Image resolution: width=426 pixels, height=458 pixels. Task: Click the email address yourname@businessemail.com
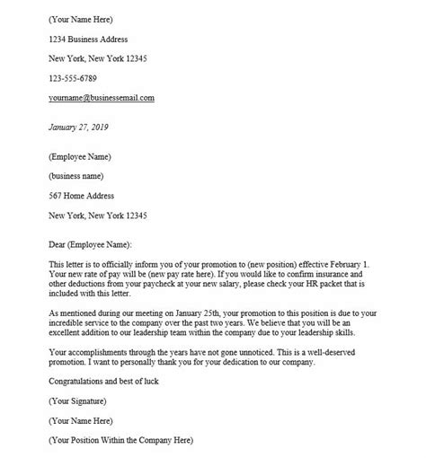pos(102,97)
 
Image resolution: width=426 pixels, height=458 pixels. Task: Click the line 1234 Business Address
pos(88,39)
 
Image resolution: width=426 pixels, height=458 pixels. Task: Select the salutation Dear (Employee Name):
pos(90,243)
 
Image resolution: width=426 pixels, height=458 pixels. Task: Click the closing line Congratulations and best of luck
pos(106,380)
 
